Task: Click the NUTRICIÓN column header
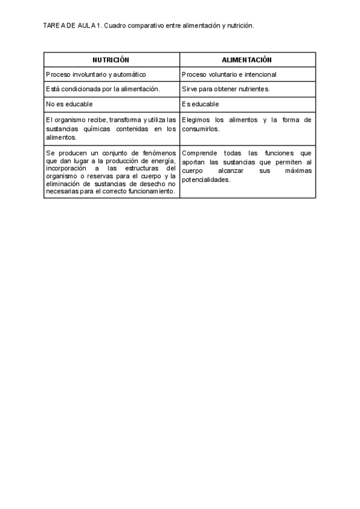[x=111, y=60]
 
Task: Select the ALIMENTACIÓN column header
[x=247, y=60]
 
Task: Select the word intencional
[x=259, y=74]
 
